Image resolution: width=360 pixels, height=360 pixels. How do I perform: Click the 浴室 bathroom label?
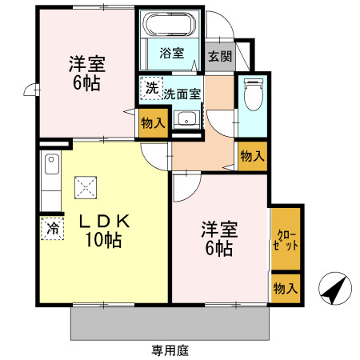tap(170, 54)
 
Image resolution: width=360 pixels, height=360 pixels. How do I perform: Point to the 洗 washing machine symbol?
tap(151, 89)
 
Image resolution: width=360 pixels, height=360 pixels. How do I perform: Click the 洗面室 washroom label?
tap(182, 94)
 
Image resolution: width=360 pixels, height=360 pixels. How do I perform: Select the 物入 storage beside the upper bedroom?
tap(152, 123)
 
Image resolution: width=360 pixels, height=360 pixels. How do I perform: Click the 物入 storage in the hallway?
tap(251, 155)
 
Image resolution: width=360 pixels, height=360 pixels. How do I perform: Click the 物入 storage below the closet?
tap(285, 287)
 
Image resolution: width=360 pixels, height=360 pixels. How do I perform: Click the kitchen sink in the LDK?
tap(52, 167)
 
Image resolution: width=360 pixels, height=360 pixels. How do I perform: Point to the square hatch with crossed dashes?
tap(86, 189)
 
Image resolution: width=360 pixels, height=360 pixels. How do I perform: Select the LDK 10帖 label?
tap(102, 230)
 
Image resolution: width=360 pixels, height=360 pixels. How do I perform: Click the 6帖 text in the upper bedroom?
tap(85, 82)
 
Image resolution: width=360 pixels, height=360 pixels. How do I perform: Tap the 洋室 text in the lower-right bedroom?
tap(217, 230)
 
